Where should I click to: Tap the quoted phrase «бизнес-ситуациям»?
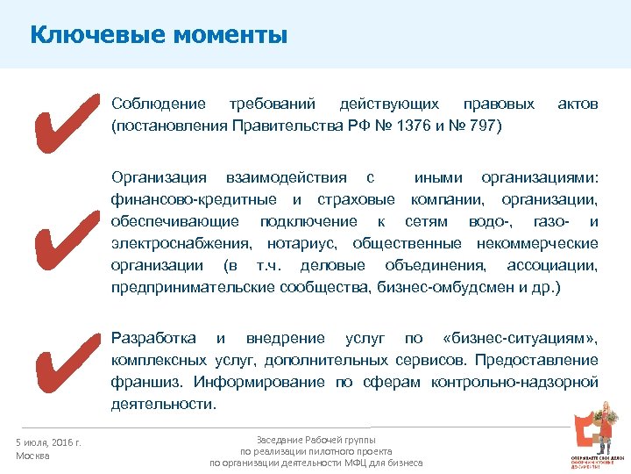coord(521,338)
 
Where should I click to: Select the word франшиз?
coord(140,382)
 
